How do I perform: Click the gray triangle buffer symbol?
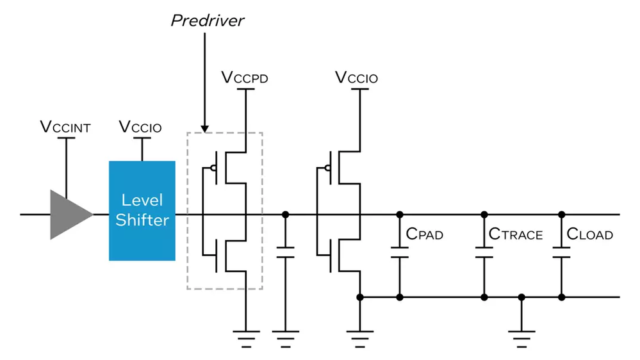point(69,215)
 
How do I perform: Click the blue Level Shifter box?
point(142,211)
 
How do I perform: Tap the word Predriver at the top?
point(208,20)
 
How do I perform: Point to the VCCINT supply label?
point(65,127)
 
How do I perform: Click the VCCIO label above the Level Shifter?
point(141,127)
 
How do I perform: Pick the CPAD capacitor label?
point(425,234)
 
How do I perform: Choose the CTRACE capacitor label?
point(516,234)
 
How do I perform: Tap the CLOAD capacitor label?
point(590,234)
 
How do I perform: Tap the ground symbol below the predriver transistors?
point(245,336)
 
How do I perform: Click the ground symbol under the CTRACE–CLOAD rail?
point(522,336)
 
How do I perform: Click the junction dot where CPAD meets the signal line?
point(400,214)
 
